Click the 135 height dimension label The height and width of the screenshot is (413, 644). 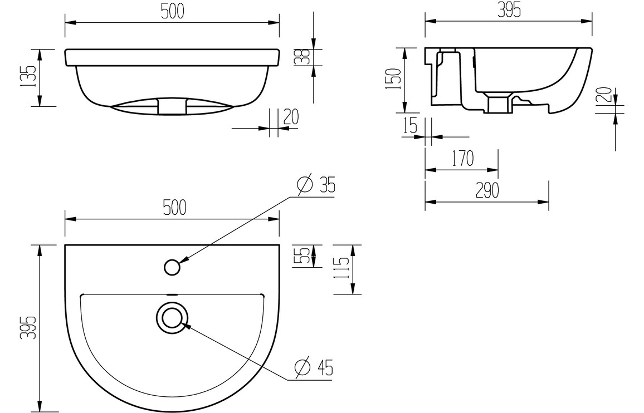[x=30, y=77]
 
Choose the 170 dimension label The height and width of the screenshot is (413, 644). [x=462, y=159]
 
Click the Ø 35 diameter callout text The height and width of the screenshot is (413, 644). [x=317, y=184]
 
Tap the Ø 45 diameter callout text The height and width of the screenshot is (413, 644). [x=315, y=367]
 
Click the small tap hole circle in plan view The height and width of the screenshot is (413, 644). [x=173, y=267]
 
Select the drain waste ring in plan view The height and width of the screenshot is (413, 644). [x=172, y=317]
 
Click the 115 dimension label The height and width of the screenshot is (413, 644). [x=343, y=269]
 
